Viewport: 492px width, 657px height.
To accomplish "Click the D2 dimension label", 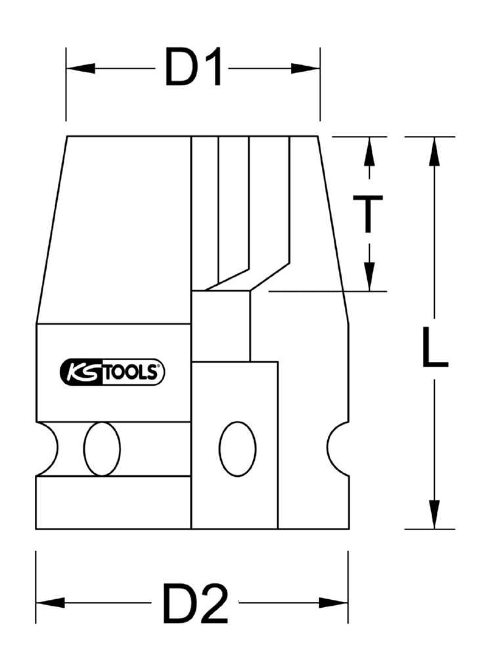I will pos(195,603).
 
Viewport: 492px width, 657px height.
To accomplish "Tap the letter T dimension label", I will pos(369,214).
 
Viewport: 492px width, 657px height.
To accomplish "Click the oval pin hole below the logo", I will pos(102,449).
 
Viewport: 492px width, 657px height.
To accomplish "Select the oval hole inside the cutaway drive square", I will pos(237,449).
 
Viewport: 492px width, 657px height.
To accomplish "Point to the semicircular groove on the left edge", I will pos(46,449).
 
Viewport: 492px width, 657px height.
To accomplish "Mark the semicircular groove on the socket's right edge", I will pos(338,449).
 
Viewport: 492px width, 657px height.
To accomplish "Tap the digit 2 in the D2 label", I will pos(213,603).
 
